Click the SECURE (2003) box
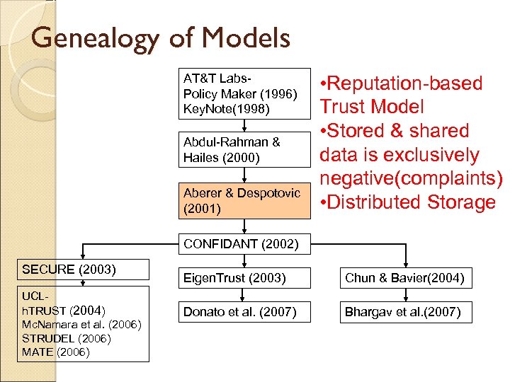83,270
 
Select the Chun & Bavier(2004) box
404,278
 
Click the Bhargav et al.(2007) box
404,311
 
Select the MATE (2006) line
56,352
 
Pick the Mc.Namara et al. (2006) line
82,325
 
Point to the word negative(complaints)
411,178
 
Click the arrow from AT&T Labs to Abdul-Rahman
244,125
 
